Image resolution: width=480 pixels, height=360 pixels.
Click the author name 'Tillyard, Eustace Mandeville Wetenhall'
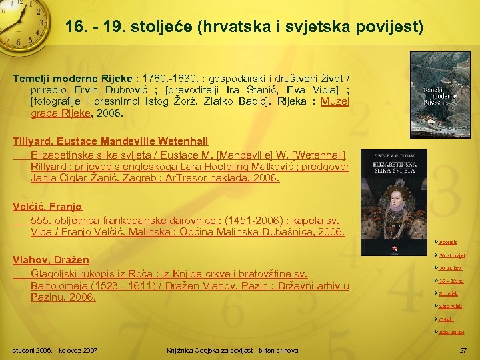111,141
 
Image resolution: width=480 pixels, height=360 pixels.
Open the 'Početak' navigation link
447,242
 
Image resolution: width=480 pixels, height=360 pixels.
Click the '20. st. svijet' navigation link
452,255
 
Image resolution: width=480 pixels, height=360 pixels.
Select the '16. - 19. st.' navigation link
451,281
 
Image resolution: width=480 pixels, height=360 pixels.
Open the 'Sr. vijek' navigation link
448,293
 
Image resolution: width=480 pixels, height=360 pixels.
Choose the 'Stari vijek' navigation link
449,306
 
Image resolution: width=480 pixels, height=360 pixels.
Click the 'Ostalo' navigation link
446,319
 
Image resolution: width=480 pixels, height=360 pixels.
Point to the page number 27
463,351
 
